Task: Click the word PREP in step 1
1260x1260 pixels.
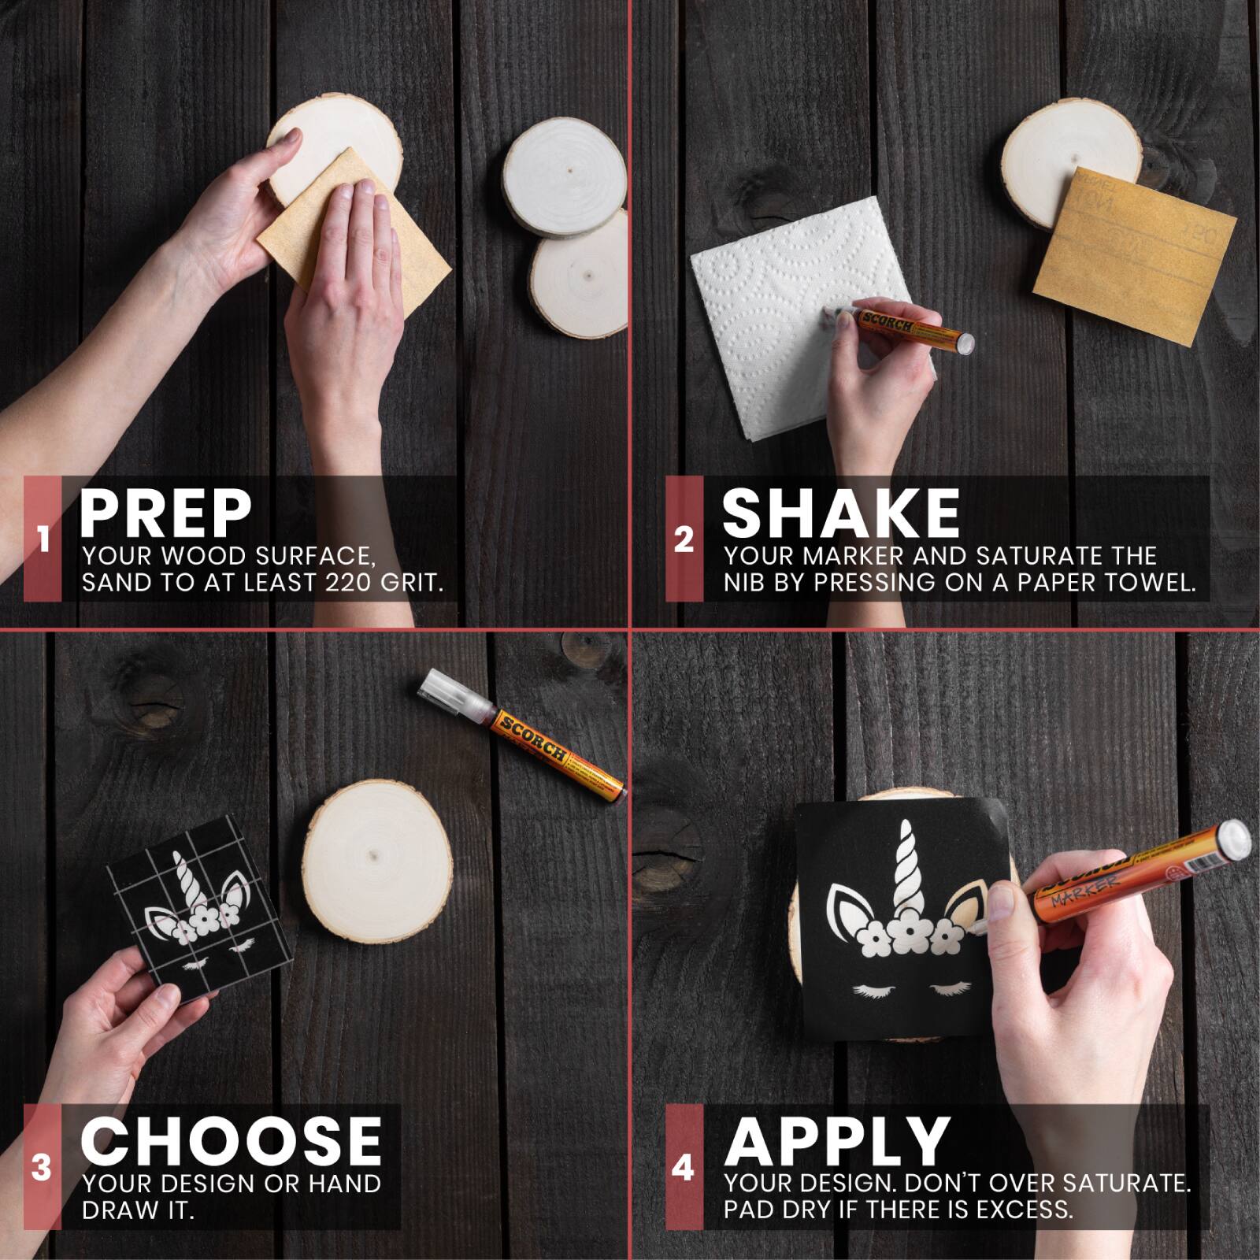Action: pyautogui.click(x=165, y=513)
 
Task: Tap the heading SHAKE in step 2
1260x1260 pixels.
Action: pyautogui.click(x=841, y=513)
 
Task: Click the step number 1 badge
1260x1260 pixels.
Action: pyautogui.click(x=43, y=539)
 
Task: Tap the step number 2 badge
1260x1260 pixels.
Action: pyautogui.click(x=684, y=539)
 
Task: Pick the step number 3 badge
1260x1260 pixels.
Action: pyautogui.click(x=43, y=1167)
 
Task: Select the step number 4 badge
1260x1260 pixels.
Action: pyautogui.click(x=684, y=1167)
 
